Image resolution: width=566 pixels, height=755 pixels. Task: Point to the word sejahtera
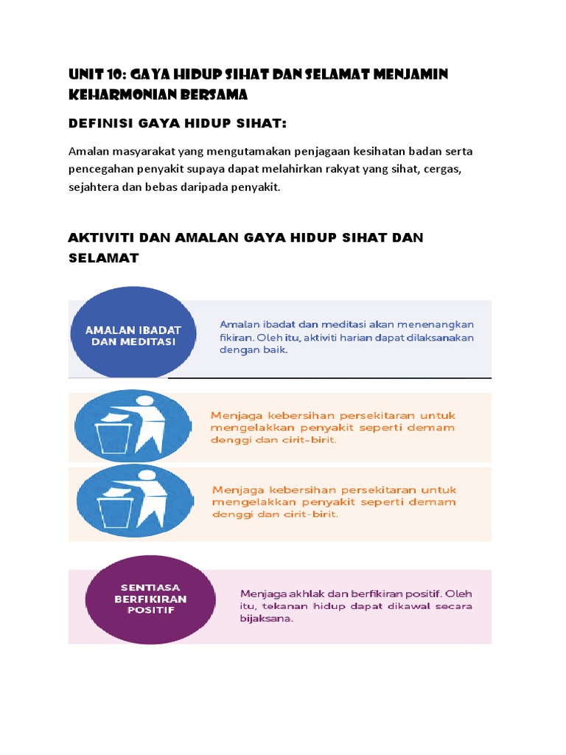tap(94, 188)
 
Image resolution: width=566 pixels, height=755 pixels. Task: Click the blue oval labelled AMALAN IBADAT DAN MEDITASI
tap(133, 332)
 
